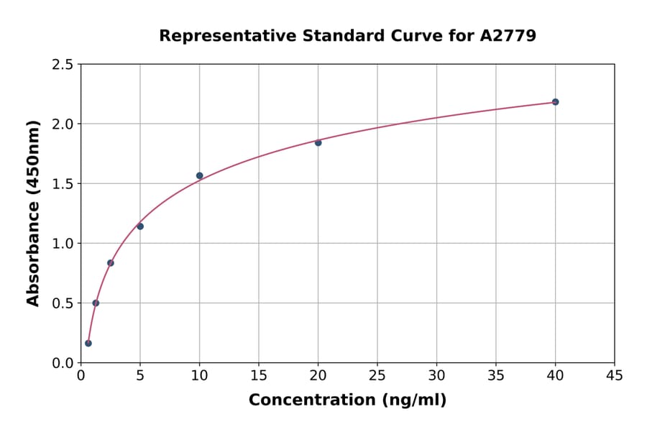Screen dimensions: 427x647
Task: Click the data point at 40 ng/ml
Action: point(555,102)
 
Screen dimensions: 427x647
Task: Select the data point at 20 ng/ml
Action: point(318,142)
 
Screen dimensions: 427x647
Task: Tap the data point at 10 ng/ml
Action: point(200,175)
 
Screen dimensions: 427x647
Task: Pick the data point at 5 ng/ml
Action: point(140,226)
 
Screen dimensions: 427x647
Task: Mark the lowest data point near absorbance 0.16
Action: point(88,343)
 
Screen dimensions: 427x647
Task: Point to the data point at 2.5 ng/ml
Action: point(111,262)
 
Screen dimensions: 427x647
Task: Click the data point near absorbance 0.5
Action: point(96,303)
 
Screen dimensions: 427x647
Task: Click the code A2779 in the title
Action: point(508,35)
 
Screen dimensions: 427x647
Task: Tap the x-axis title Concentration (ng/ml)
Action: point(347,400)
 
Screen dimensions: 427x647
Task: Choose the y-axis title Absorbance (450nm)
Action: point(33,213)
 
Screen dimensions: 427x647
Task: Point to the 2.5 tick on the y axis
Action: point(63,65)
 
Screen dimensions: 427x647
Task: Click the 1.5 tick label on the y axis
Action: point(63,184)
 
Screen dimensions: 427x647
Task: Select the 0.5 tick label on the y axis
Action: point(63,303)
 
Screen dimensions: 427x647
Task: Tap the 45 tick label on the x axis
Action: point(615,375)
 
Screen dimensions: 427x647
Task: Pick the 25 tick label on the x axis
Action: point(377,375)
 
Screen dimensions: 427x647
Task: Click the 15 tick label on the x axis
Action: point(259,375)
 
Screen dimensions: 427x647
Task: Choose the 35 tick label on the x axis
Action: point(496,375)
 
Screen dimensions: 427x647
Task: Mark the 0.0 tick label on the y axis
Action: point(63,363)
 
